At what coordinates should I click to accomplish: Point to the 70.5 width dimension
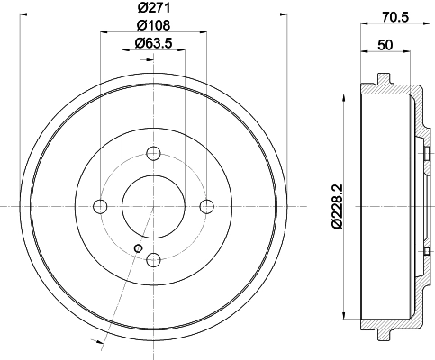tap(396, 14)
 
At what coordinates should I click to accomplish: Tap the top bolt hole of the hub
tap(153, 154)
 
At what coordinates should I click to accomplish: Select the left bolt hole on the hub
tap(100, 207)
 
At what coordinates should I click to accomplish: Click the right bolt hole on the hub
tap(206, 207)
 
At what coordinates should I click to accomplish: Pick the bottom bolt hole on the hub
tap(153, 260)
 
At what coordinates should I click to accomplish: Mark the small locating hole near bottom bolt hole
tap(137, 248)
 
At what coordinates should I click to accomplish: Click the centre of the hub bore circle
tap(153, 207)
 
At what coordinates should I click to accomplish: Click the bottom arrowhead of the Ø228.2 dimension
tap(346, 318)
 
